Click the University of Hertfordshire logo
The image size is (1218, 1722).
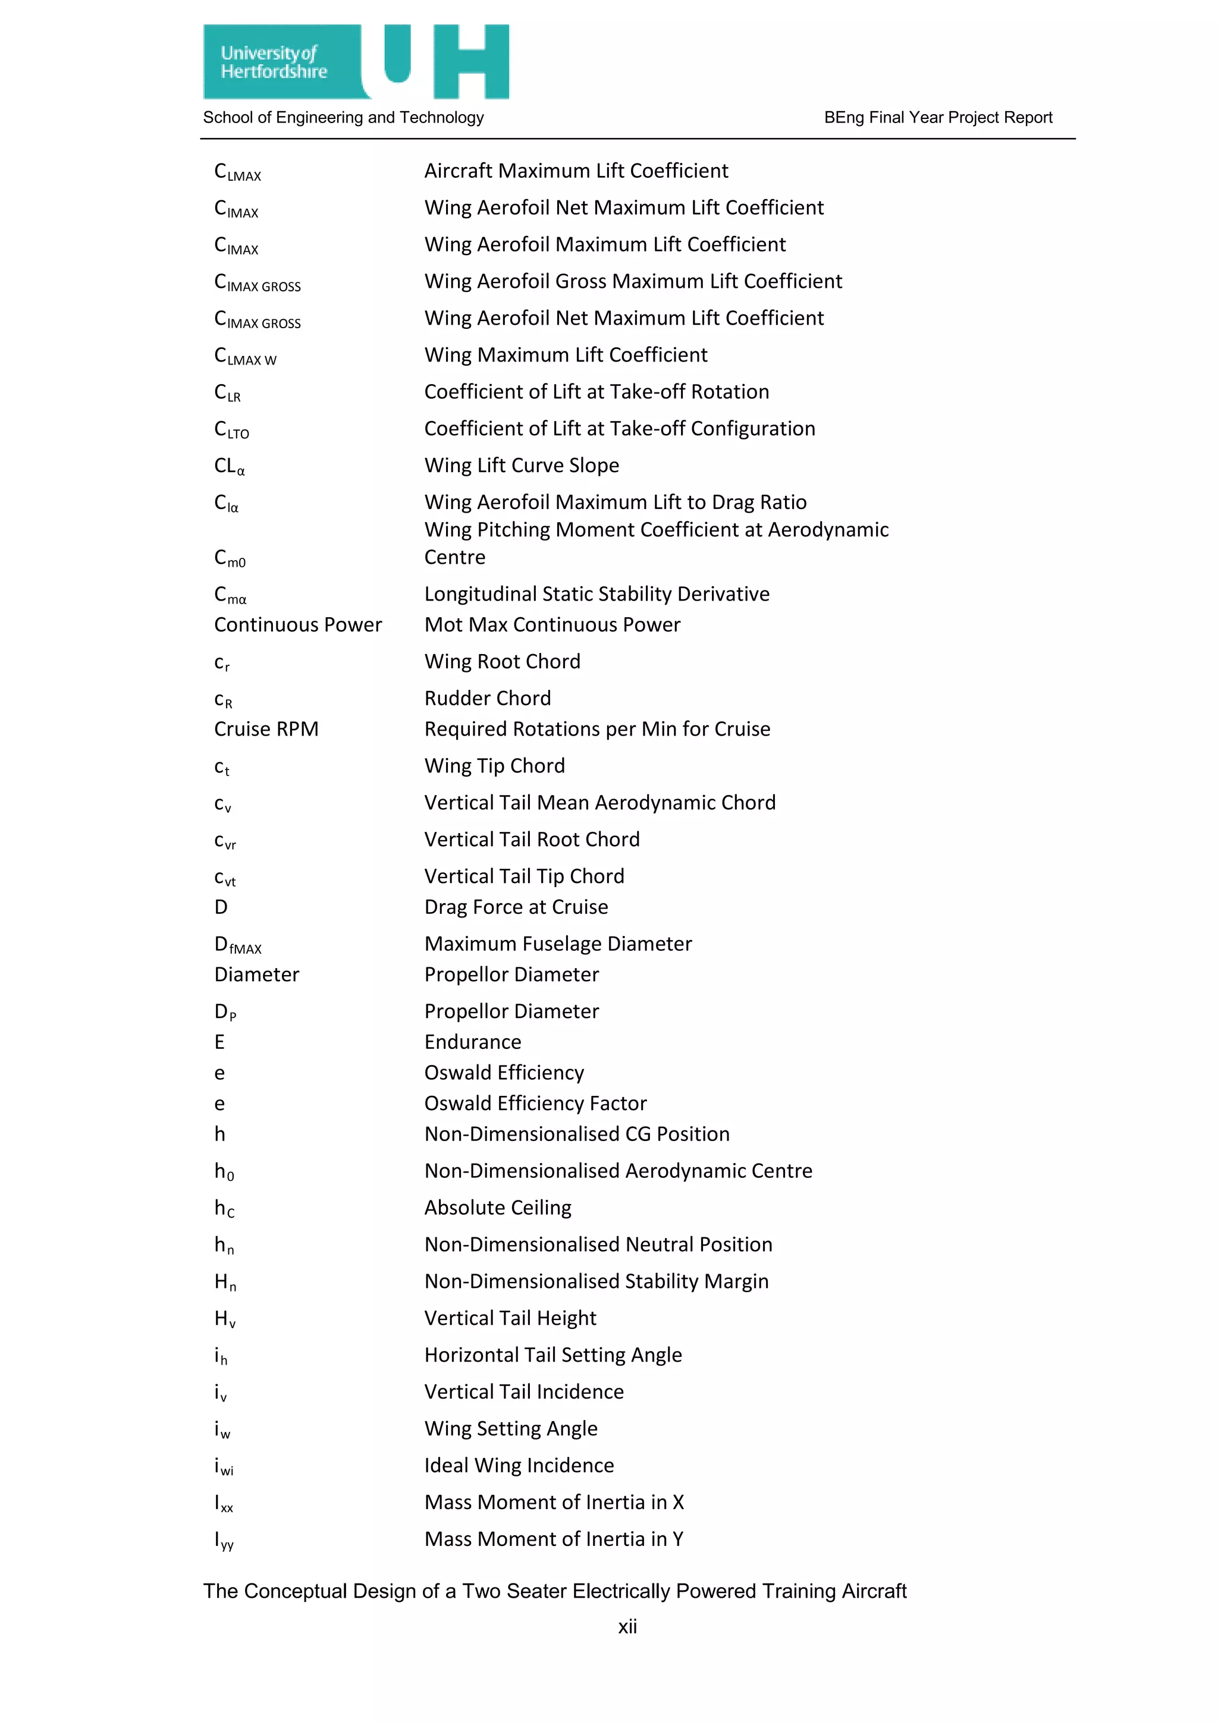(x=356, y=61)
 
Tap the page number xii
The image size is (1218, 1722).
(x=627, y=1626)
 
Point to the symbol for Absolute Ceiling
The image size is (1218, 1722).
(x=224, y=1208)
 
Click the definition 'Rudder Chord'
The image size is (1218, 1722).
(x=488, y=698)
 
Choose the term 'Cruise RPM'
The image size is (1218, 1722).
(x=266, y=729)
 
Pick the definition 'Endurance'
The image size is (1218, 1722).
(x=472, y=1042)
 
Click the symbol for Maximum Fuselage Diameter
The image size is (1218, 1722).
(x=238, y=945)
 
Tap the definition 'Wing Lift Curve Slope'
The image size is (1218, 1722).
(x=521, y=466)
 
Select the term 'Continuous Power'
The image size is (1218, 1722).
(x=298, y=625)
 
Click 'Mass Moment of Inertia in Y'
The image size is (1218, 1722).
(x=554, y=1539)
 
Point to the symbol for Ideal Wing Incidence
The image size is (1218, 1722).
(x=224, y=1466)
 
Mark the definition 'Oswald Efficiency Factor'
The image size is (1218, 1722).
(x=535, y=1103)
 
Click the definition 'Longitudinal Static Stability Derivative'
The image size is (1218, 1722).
(x=597, y=594)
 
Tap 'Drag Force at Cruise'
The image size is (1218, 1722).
(x=516, y=907)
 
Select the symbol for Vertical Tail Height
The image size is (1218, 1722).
(x=225, y=1319)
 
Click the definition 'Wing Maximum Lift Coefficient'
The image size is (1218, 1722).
(x=566, y=355)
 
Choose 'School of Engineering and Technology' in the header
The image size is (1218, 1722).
(x=344, y=118)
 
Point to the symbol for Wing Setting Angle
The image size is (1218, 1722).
(x=222, y=1429)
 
